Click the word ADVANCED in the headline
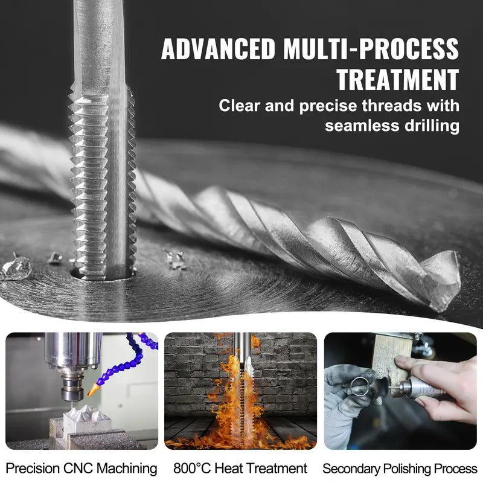tap(217, 50)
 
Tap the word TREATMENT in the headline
tap(397, 80)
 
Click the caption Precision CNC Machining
tap(82, 468)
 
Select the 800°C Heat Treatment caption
tap(240, 468)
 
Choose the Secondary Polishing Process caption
tap(400, 468)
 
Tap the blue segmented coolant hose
tap(130, 356)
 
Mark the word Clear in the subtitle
tap(240, 106)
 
